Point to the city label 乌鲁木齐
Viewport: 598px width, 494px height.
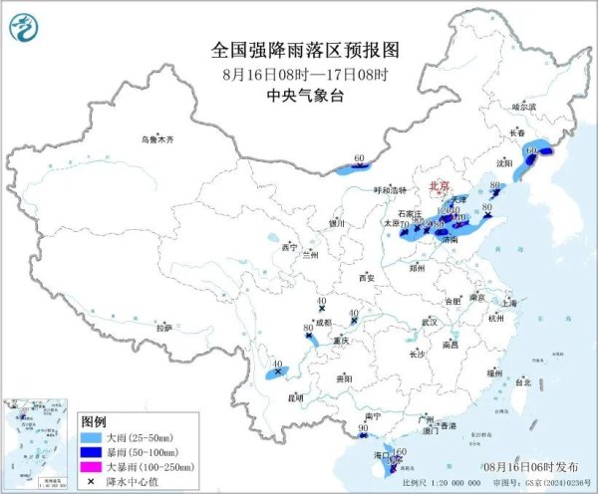(156, 140)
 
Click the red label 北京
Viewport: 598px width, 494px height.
(439, 187)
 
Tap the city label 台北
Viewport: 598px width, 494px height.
(522, 380)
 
